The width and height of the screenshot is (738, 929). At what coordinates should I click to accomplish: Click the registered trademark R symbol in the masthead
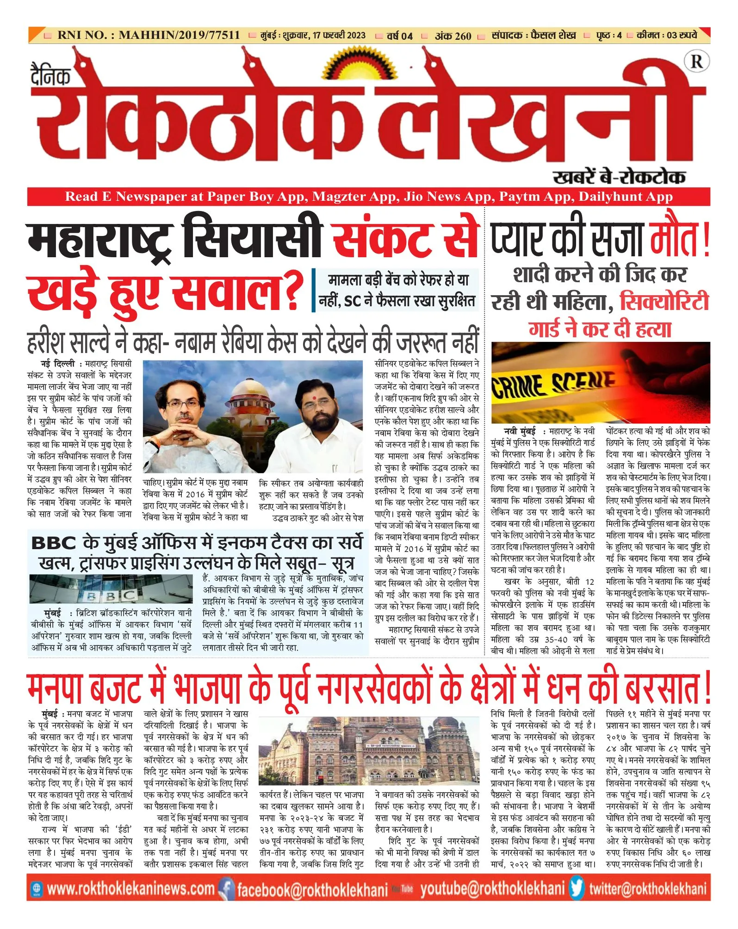(697, 62)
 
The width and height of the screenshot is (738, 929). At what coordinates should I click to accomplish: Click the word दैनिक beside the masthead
(50, 74)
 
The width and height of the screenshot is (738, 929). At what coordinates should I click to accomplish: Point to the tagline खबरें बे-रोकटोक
(619, 177)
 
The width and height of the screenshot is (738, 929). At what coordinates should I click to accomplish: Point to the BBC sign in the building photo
(111, 595)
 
